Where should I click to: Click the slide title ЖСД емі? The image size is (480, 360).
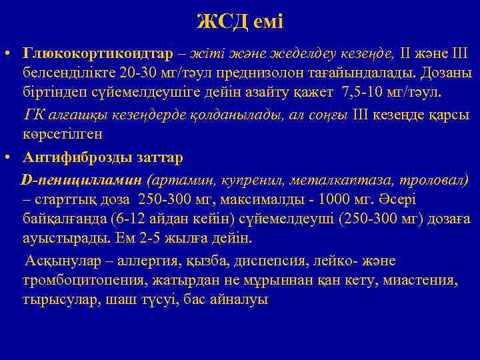coord(240,21)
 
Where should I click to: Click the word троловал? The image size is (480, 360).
coord(426,180)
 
